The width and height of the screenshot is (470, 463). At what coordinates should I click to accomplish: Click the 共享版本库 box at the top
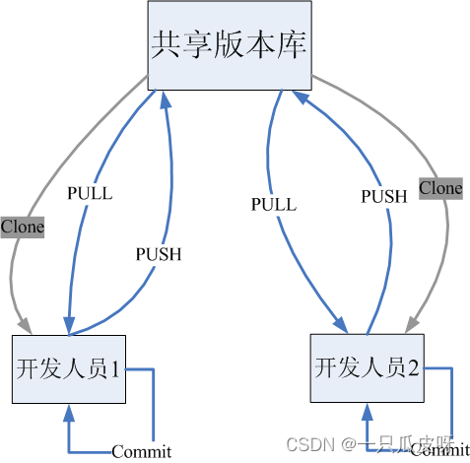click(x=230, y=43)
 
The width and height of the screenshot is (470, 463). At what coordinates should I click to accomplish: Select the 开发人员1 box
click(x=69, y=368)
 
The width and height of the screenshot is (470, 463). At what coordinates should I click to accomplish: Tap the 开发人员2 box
click(x=367, y=367)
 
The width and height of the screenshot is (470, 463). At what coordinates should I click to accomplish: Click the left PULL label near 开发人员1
click(x=90, y=193)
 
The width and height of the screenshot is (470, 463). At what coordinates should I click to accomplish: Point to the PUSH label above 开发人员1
click(x=158, y=253)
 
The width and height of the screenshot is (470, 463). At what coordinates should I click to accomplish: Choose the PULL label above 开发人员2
click(x=273, y=205)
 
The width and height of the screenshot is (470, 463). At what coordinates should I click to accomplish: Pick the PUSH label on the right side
click(x=383, y=196)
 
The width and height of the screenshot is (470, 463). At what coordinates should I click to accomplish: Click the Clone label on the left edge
click(x=22, y=227)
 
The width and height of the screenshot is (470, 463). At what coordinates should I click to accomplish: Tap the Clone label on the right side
click(x=440, y=187)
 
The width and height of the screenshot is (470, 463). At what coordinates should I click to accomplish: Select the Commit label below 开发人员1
click(x=141, y=452)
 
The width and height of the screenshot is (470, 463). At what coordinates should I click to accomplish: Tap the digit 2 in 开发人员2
click(x=413, y=368)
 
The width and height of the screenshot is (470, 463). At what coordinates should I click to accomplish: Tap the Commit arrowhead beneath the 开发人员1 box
click(x=68, y=412)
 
